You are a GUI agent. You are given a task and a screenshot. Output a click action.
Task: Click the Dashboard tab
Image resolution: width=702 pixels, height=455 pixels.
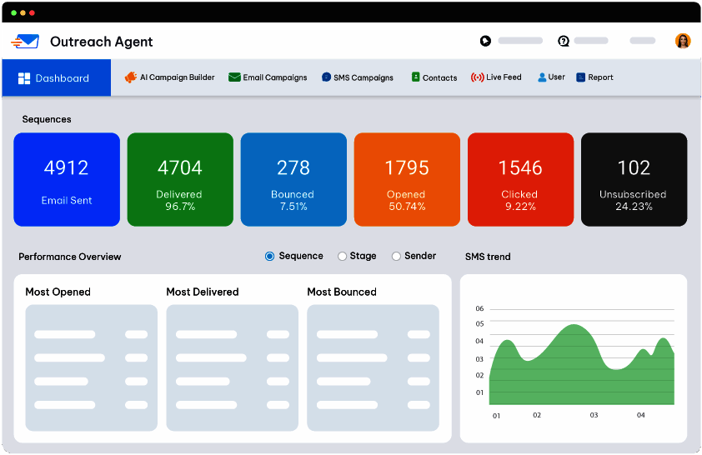[56, 77]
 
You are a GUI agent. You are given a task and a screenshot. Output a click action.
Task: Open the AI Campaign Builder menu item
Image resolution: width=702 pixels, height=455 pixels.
[170, 77]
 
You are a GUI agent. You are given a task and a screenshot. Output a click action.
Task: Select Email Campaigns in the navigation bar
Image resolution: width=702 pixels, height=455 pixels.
[268, 77]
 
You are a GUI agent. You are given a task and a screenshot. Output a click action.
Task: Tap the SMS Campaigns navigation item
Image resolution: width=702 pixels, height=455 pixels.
[358, 77]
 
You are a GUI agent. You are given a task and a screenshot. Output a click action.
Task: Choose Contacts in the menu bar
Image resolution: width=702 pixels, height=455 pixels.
[434, 77]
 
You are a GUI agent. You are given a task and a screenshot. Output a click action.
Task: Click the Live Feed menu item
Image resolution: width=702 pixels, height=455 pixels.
[496, 77]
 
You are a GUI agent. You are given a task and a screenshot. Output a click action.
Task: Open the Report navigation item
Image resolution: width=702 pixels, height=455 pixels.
[594, 77]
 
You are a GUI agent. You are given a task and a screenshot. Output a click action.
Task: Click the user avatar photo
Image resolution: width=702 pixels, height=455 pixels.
[683, 41]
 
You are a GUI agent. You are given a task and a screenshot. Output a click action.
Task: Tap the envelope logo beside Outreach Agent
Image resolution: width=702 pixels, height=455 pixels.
[26, 42]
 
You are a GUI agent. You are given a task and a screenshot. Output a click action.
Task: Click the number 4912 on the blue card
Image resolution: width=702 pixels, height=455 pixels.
[66, 167]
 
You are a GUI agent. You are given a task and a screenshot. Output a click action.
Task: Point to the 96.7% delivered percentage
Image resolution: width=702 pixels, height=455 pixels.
[180, 206]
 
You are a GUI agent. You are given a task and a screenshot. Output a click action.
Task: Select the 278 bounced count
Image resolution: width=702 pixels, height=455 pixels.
[293, 167]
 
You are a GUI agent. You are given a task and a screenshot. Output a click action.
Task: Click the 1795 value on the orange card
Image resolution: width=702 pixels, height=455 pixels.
[407, 167]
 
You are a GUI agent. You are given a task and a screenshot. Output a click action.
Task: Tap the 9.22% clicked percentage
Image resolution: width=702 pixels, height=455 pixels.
[521, 206]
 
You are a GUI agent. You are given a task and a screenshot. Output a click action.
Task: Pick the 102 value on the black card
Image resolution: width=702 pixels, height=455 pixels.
[634, 167]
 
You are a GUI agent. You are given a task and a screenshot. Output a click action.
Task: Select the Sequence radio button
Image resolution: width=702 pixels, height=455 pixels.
[269, 257]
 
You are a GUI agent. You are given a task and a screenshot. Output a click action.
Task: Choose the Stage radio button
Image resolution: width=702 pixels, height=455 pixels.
[342, 257]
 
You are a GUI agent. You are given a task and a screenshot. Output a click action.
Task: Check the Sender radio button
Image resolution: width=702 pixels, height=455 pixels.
[396, 257]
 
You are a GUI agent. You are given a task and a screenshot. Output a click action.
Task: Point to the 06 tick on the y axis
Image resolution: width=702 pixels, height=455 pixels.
[479, 308]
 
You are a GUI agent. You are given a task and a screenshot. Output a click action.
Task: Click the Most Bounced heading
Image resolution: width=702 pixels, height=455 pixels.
[342, 292]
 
